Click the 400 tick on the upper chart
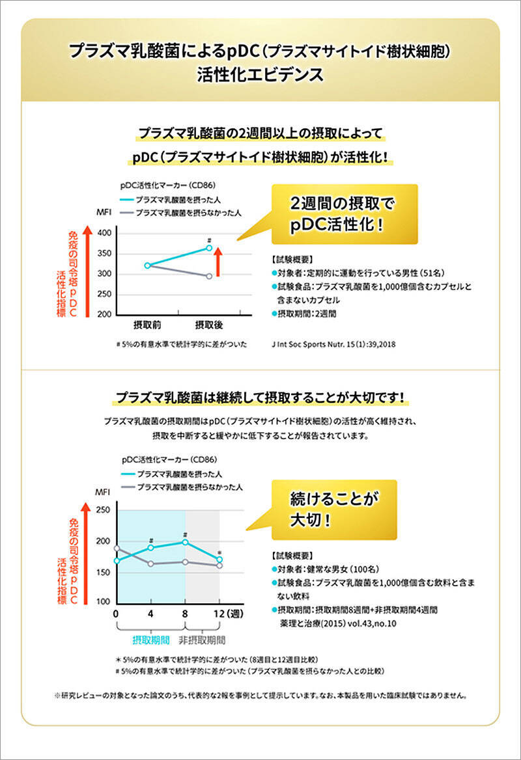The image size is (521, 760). pos(104,233)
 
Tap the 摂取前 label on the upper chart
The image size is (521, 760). pos(147,324)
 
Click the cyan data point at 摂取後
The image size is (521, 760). pos(209,248)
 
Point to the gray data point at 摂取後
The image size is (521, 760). pos(209,276)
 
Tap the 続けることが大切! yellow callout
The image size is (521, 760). pos(334,509)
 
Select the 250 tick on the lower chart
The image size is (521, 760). pos(103,510)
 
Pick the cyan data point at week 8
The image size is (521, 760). pos(186,542)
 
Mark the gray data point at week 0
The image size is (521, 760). pos(117,548)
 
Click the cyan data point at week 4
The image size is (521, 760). pos(151,548)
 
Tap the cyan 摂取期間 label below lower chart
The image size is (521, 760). pos(150,639)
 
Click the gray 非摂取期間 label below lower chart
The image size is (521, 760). pos(203,639)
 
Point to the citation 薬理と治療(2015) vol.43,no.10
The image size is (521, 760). pos(337,623)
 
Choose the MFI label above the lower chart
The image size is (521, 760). pos(104,492)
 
